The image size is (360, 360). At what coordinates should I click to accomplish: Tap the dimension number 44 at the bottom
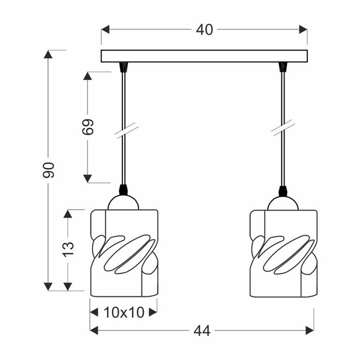coord(202,330)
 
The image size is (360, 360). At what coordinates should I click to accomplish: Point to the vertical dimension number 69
coord(88,127)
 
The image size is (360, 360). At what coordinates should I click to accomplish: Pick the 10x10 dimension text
coord(123,311)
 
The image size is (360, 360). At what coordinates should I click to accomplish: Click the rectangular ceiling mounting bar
coord(204,56)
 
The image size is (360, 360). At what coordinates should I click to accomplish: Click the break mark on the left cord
coord(123,131)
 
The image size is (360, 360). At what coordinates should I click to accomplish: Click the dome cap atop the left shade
coord(124,203)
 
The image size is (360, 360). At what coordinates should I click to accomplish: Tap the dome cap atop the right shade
coord(283,203)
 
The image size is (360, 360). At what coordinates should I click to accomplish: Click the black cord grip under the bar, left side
coord(123,67)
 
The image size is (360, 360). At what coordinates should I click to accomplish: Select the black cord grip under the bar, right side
coord(282,67)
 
